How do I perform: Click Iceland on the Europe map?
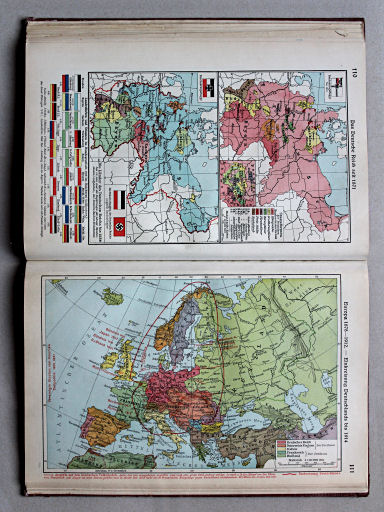[x=112, y=296]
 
